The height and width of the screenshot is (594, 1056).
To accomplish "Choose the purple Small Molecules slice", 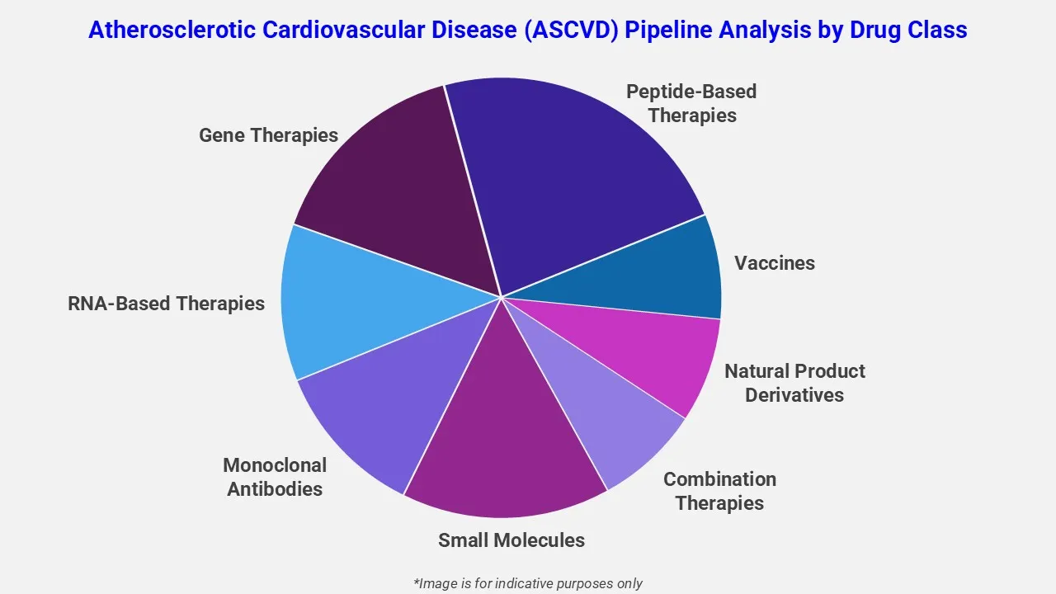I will (503, 437).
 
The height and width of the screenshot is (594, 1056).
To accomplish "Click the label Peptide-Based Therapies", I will (691, 103).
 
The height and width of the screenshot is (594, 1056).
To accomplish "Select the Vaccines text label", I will (775, 263).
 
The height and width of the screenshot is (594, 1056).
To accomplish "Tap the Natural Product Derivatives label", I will (794, 383).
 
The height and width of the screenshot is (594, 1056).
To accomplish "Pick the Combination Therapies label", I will (719, 491).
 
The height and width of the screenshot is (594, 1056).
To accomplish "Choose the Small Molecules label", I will (511, 540).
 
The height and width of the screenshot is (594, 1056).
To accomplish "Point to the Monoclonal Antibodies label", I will (275, 477).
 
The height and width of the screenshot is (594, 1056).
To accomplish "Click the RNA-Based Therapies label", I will (166, 304).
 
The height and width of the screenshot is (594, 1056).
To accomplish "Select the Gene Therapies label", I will (268, 135).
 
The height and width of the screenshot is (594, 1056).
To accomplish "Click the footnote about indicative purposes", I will (528, 583).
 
